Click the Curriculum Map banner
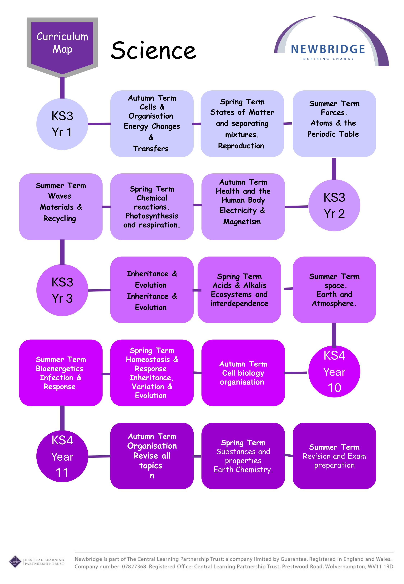tap(62, 43)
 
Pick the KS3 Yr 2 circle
tap(334, 205)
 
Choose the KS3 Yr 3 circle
tap(62, 290)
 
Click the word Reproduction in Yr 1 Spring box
tap(241, 146)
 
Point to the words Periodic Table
tap(333, 134)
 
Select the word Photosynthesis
tap(152, 216)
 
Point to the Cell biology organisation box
tap(243, 373)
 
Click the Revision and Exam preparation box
tap(334, 456)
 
